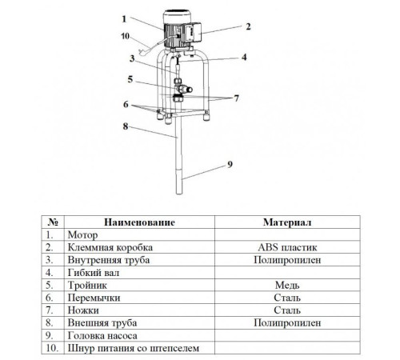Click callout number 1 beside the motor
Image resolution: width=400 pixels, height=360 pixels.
(124, 19)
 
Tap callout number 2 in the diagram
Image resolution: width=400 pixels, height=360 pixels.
(248, 26)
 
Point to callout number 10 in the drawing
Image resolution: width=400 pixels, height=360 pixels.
(125, 36)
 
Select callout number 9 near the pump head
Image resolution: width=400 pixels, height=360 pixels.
(230, 165)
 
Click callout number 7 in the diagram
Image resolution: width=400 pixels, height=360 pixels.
(236, 98)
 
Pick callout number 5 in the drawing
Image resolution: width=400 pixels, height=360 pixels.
(130, 79)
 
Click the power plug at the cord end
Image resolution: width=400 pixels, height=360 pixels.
(142, 52)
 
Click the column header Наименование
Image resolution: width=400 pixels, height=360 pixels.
(139, 222)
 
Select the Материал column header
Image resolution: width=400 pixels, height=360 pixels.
(287, 222)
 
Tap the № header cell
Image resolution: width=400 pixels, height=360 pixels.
(53, 222)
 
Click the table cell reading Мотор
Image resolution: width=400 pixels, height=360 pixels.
(82, 235)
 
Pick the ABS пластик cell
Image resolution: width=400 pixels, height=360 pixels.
(287, 247)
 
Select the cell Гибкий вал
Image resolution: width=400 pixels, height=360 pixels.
(94, 273)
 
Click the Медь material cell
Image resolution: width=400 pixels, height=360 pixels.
(287, 285)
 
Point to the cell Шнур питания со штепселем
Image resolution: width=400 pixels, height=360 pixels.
(134, 348)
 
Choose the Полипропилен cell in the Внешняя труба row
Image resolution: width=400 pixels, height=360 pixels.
(287, 323)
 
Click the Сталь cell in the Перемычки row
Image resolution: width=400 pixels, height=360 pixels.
(287, 298)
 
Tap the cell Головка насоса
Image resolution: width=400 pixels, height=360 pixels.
(102, 335)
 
